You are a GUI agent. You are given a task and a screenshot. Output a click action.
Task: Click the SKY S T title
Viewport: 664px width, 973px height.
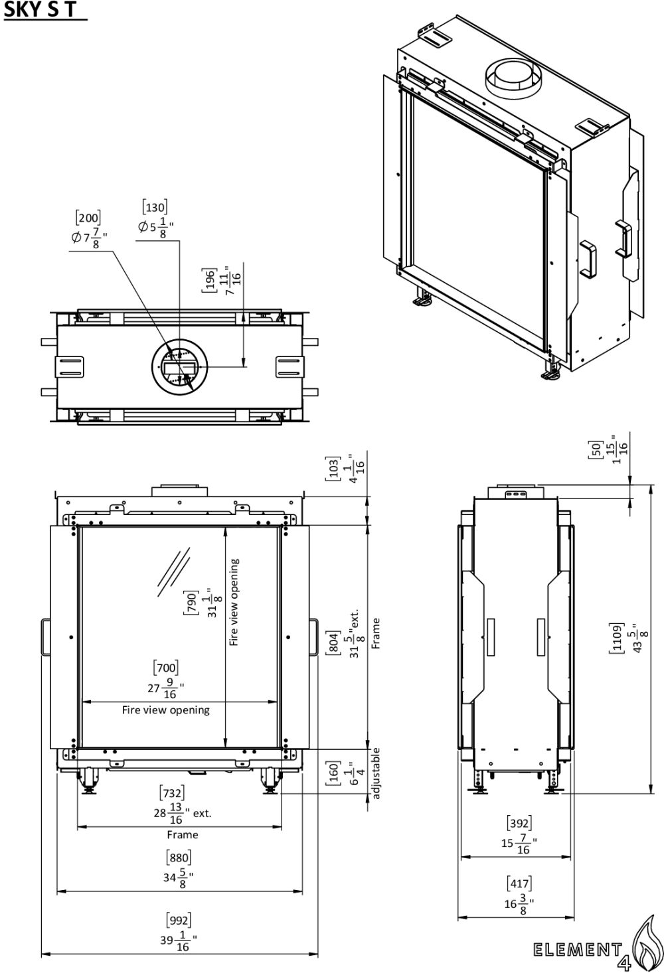coord(40,9)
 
